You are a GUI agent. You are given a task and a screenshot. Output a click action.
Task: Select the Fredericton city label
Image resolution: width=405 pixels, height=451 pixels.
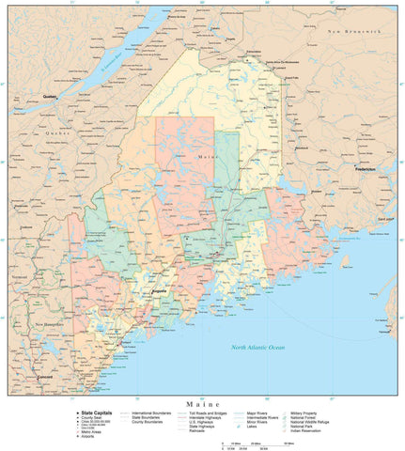coord(365,169)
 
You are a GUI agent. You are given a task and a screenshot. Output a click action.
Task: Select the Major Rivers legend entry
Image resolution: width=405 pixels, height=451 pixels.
coord(261,412)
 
